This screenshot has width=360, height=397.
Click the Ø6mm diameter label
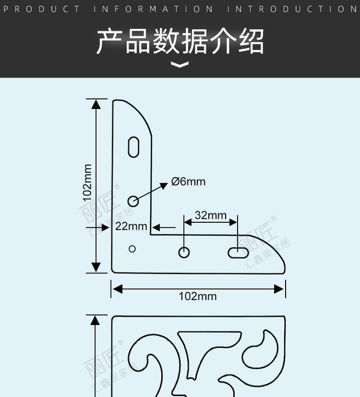point(188,182)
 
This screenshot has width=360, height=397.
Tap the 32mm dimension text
point(210,215)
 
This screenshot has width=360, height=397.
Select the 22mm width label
point(131,226)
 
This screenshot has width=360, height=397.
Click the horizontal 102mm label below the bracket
point(198,296)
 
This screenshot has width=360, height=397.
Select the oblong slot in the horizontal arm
point(238,252)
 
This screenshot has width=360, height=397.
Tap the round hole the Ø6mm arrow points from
point(133,200)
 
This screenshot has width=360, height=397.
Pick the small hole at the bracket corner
point(132,249)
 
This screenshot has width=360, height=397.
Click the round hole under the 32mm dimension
point(184,252)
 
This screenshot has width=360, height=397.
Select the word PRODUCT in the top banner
point(45,9)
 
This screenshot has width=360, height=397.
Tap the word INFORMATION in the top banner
point(154,9)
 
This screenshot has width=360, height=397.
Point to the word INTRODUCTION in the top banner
point(293,9)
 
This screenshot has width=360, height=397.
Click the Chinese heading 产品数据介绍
point(180,41)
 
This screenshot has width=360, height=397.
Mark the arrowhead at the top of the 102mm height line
point(96,104)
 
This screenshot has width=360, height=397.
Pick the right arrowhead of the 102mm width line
point(280,288)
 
